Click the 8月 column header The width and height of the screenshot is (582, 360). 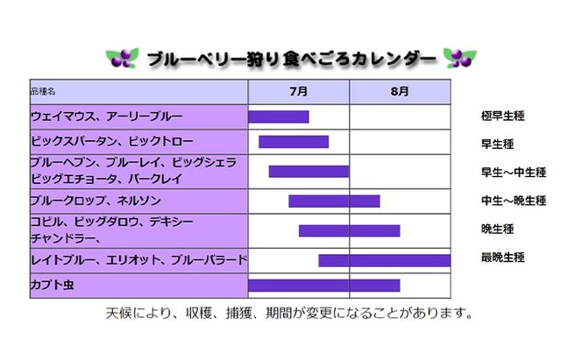pos(400,91)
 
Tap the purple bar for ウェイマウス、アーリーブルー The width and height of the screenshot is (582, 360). pos(279,116)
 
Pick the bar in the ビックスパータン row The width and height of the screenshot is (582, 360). pos(294,141)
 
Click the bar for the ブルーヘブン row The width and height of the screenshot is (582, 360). pos(309,172)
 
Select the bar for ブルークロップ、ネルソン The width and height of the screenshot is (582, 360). pos(334,201)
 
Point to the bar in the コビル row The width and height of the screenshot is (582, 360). pos(349,230)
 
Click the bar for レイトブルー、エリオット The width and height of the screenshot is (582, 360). pos(384,260)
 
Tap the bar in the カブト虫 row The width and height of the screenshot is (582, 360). pos(323,285)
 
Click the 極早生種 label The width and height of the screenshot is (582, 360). pos(503,116)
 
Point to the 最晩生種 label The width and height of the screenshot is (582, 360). pos(503,258)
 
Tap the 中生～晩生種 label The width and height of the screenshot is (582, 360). pos(514,201)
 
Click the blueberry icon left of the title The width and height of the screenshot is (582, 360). pos(121,58)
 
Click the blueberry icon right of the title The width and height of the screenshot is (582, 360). pos(459,58)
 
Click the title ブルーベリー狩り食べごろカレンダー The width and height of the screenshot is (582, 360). pos(291,59)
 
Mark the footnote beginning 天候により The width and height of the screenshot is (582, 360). pos(290,313)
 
